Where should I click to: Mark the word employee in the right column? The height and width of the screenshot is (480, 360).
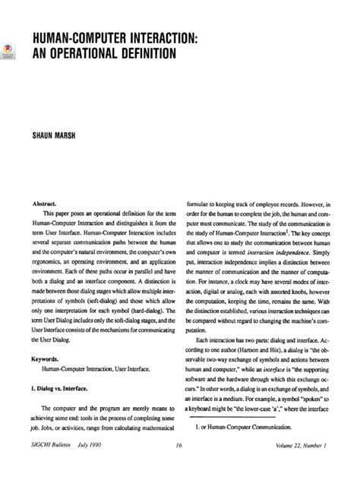pyautogui.click(x=268, y=205)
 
